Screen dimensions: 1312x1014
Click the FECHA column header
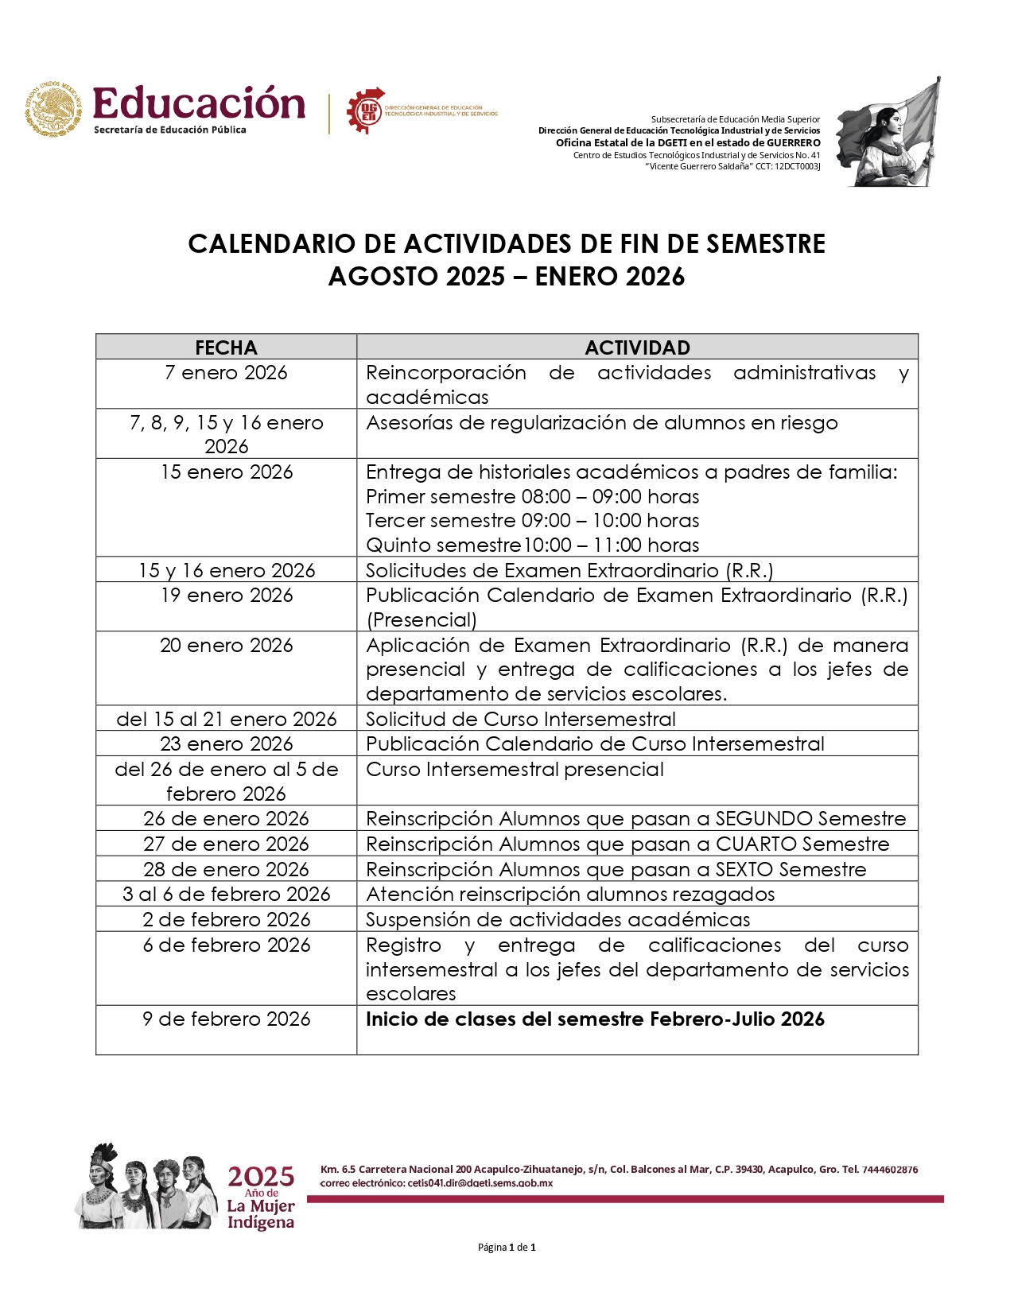226,347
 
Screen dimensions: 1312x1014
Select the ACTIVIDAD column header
637,347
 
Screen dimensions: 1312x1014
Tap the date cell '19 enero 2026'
226,596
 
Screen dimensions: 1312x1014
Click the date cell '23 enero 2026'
226,744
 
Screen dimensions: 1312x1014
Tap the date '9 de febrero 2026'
226,1019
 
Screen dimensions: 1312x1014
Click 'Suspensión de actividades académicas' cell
558,920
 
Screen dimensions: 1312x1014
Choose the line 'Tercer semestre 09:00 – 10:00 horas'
532,521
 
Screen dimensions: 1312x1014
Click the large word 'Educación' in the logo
199,104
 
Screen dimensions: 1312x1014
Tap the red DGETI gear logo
365,110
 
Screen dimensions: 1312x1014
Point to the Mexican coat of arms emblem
53,109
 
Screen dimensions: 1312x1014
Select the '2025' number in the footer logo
261,1176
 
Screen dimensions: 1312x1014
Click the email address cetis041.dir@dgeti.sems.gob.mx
480,1183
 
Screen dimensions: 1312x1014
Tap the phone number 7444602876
890,1170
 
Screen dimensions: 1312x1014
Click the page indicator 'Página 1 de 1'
507,1248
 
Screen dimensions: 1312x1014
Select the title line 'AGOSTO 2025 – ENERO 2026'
507,277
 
